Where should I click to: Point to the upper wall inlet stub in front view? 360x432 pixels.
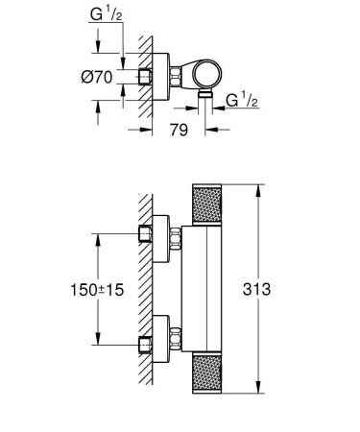coord(145,232)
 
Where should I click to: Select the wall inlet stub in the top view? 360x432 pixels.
coord(145,76)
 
